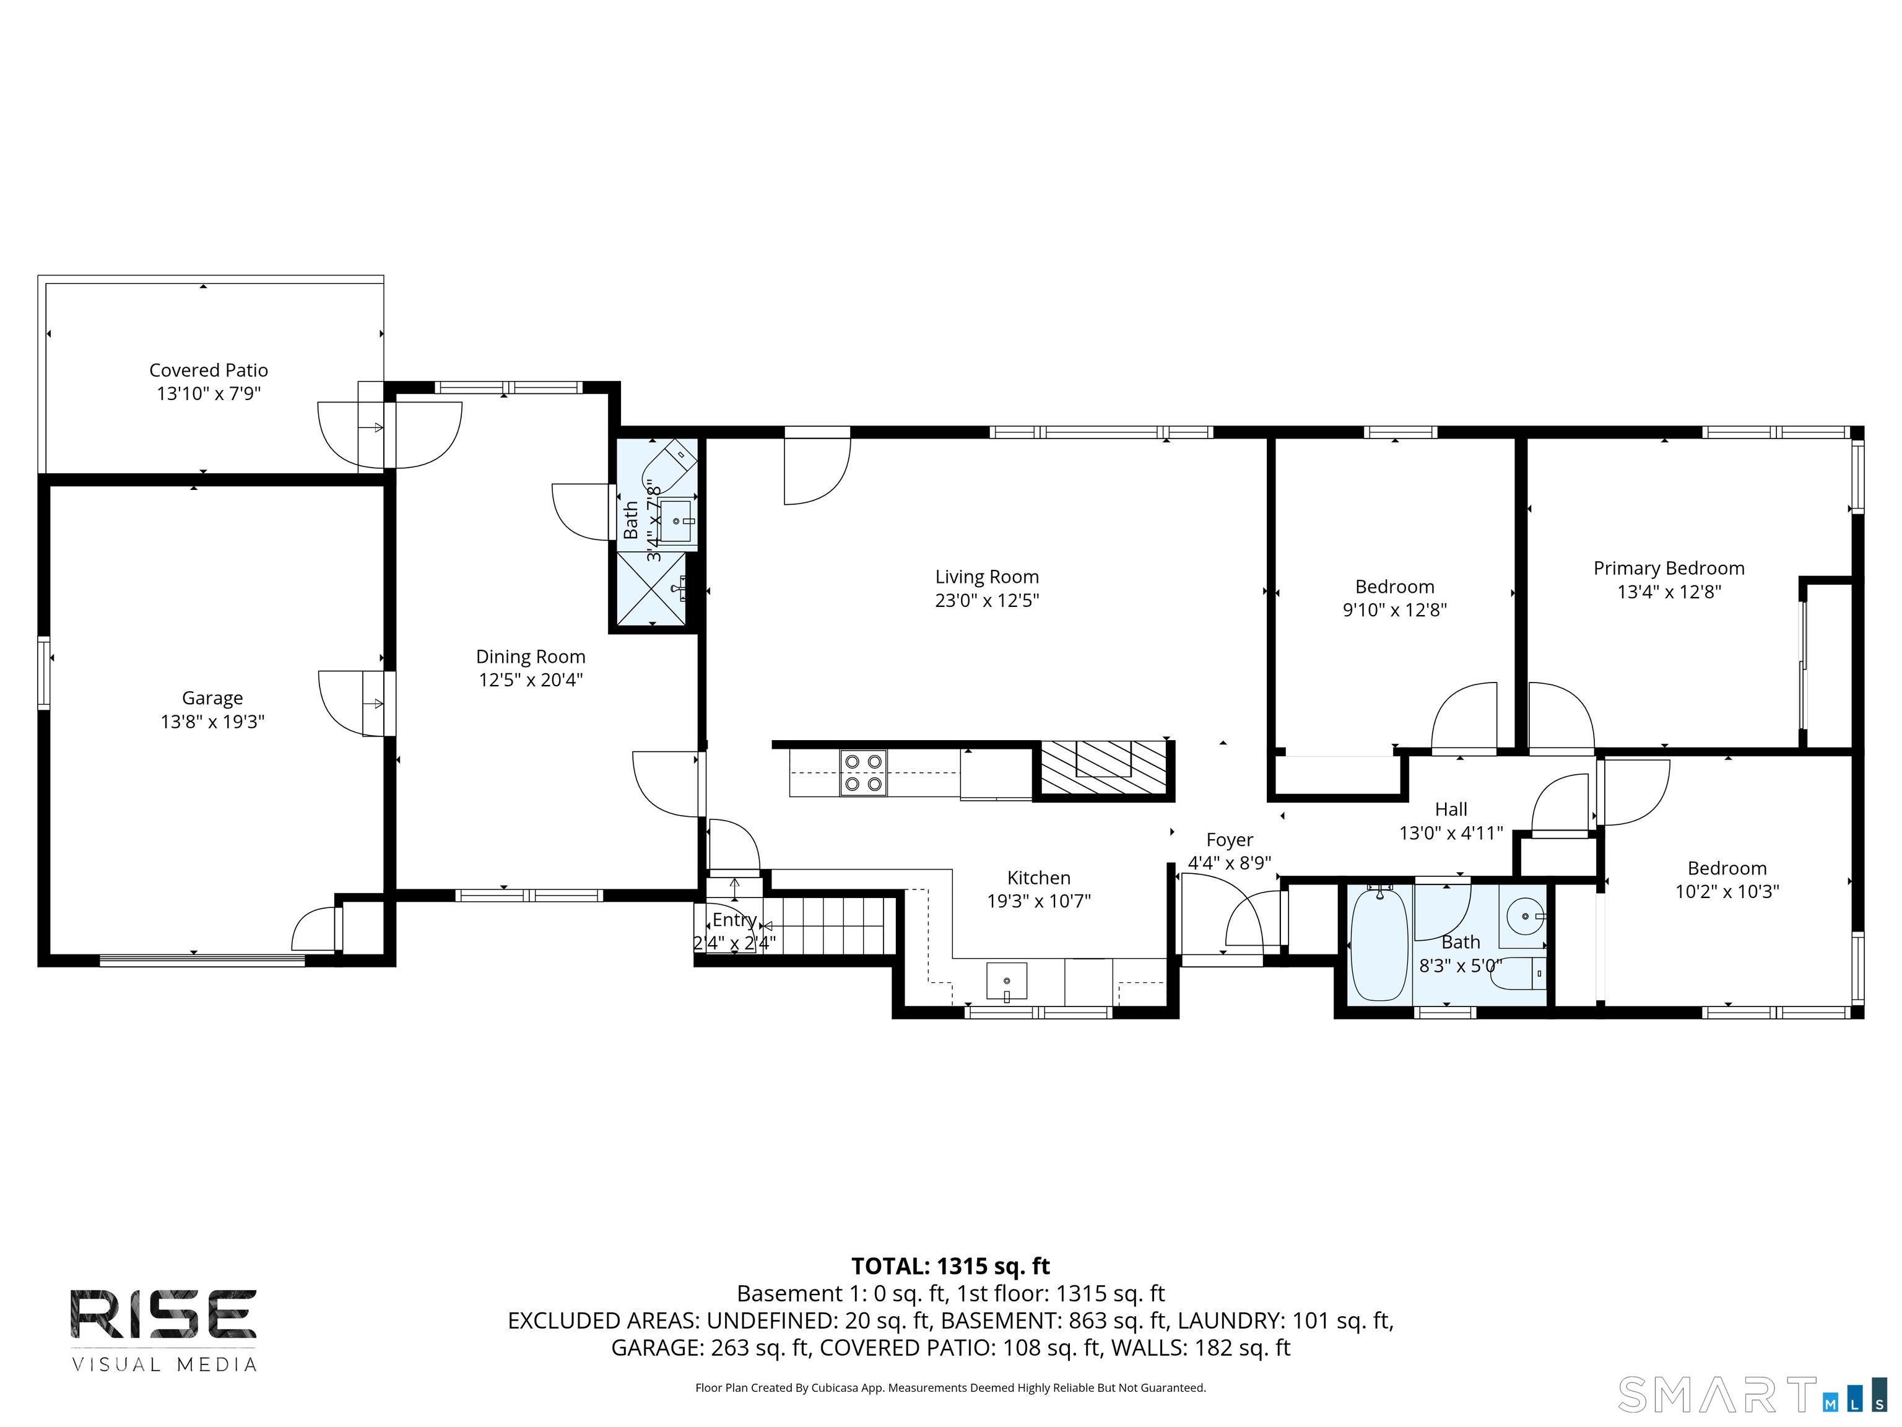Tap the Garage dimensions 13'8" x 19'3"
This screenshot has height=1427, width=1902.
[212, 722]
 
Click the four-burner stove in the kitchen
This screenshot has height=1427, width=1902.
[863, 772]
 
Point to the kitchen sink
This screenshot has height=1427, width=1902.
[1007, 982]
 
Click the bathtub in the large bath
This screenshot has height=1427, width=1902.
[1379, 945]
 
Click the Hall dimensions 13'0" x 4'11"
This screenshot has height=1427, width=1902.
[1451, 832]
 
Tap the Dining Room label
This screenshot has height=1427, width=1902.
[531, 657]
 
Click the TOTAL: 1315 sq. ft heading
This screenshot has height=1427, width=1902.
[950, 1266]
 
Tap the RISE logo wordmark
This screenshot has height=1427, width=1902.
[163, 1314]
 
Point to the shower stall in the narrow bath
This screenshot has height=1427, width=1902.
[653, 589]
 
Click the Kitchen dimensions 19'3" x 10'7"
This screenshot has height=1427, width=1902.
[1039, 901]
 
